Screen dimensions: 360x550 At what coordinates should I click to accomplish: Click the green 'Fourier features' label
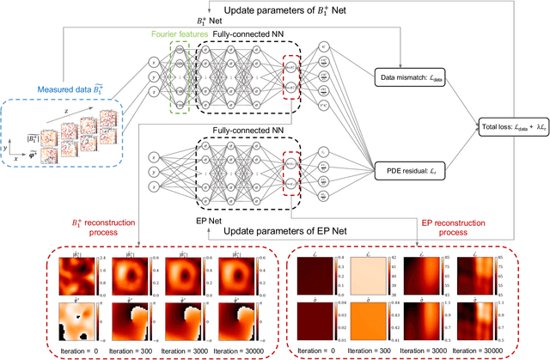(168, 34)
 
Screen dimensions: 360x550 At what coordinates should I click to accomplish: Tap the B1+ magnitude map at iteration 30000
(236, 276)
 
